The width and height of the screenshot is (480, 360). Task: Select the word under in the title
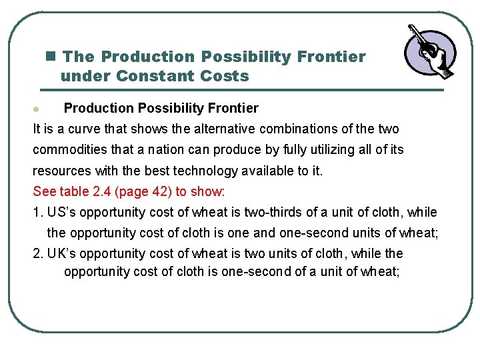(x=85, y=76)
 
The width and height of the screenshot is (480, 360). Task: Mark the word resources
(x=62, y=171)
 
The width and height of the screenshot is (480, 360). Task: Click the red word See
(x=45, y=191)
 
